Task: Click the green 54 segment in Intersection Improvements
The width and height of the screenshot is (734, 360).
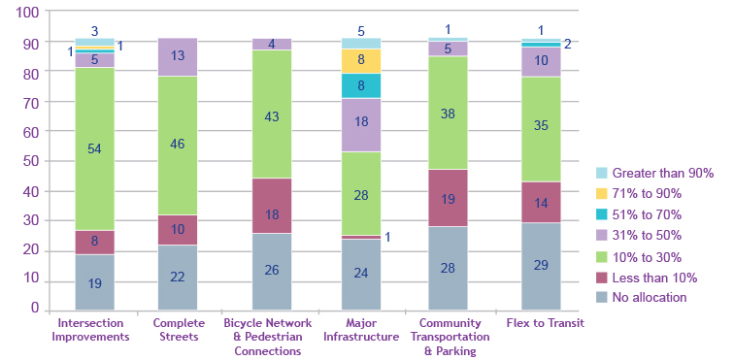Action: (x=94, y=148)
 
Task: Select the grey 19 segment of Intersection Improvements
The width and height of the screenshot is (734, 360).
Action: (x=94, y=282)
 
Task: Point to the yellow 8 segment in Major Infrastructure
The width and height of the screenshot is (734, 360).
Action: (x=360, y=60)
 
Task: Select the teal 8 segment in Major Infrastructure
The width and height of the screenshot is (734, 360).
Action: (x=360, y=85)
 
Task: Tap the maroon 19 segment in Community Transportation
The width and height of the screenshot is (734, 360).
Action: (x=448, y=198)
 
